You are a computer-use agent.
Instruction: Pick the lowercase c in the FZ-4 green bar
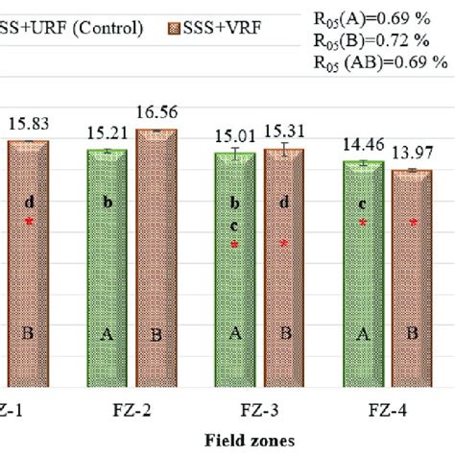click(x=364, y=204)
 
